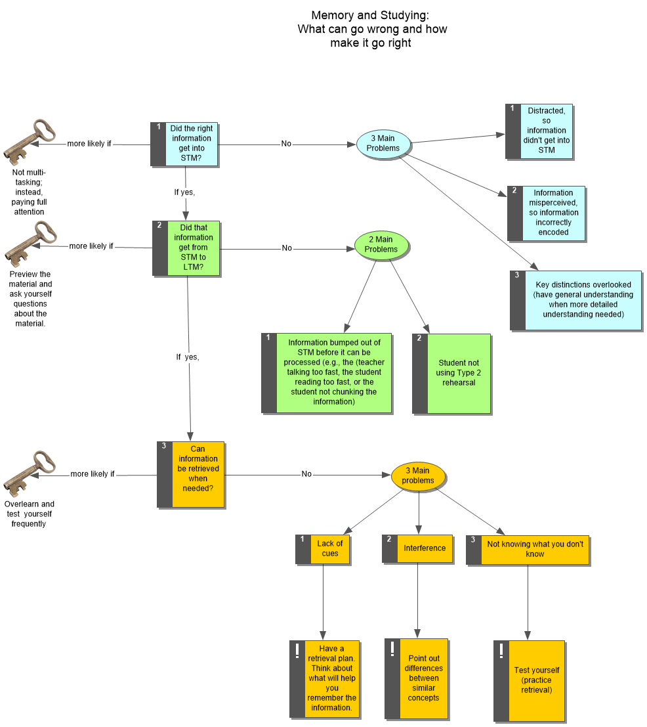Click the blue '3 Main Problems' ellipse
[383, 144]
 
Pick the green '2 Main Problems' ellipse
[381, 244]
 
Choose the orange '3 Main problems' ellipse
[418, 475]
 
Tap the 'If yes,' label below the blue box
[185, 193]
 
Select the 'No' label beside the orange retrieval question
[306, 474]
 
